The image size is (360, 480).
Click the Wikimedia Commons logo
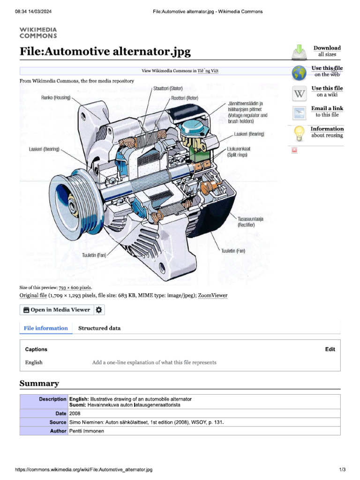pyautogui.click(x=38, y=32)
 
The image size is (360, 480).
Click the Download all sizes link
pyautogui.click(x=327, y=51)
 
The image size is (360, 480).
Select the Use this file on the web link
pyautogui.click(x=327, y=71)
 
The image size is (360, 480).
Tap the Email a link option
pyautogui.click(x=327, y=112)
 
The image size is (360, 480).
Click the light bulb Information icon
pyautogui.click(x=299, y=133)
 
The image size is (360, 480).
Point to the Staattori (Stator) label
pyautogui.click(x=168, y=88)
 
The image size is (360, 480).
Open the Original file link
pyautogui.click(x=33, y=296)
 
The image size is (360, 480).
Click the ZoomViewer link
pyautogui.click(x=212, y=296)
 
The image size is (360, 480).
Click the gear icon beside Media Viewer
pyautogui.click(x=99, y=310)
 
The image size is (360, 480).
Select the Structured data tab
pyautogui.click(x=99, y=328)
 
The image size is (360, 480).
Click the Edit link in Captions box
pyautogui.click(x=330, y=349)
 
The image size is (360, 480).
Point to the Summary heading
pyautogui.click(x=39, y=383)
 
